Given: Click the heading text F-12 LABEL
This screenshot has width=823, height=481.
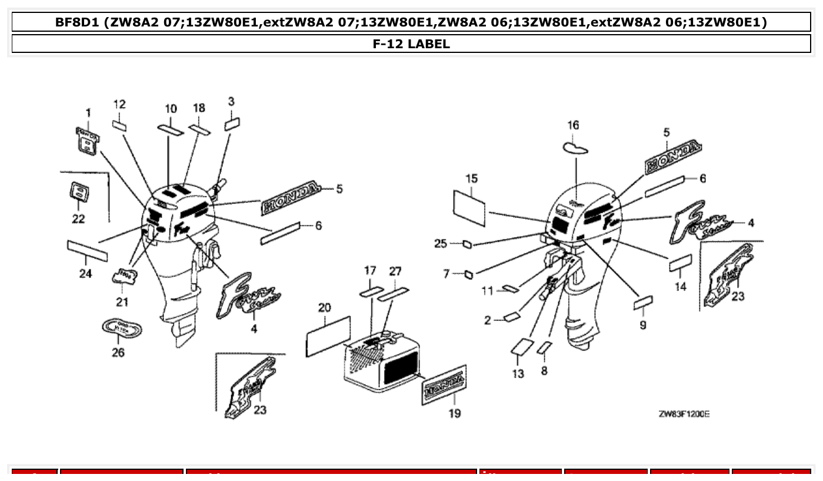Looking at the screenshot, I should pyautogui.click(x=411, y=44).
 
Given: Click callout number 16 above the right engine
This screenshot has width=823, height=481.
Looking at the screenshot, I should pyautogui.click(x=573, y=125).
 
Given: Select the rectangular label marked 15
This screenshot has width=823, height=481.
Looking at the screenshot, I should pyautogui.click(x=469, y=207).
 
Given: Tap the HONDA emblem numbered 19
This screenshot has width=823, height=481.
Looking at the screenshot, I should pyautogui.click(x=444, y=385).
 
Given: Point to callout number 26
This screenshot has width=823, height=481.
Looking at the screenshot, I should pyautogui.click(x=118, y=353).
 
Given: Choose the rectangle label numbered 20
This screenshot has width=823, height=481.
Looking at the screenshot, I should pyautogui.click(x=328, y=336).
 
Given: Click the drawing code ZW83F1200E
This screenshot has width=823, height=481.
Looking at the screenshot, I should pyautogui.click(x=684, y=414).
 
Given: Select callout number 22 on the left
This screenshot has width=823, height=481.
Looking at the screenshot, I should pyautogui.click(x=78, y=219).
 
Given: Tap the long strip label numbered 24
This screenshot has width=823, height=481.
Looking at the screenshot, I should pyautogui.click(x=88, y=251).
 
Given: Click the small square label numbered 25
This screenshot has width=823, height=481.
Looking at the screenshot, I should pyautogui.click(x=467, y=244).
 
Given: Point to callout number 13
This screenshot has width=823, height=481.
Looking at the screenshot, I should pyautogui.click(x=518, y=374).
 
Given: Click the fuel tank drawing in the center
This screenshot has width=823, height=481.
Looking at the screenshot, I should pyautogui.click(x=383, y=361).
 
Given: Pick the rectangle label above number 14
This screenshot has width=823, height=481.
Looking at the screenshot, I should pyautogui.click(x=680, y=262).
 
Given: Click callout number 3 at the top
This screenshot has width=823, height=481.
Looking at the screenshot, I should pyautogui.click(x=231, y=101).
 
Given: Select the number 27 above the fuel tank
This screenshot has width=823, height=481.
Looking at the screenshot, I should pyautogui.click(x=395, y=271).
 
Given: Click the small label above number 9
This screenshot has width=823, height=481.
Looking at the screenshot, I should pyautogui.click(x=643, y=303).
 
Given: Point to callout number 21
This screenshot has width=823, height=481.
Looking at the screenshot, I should pyautogui.click(x=122, y=302).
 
